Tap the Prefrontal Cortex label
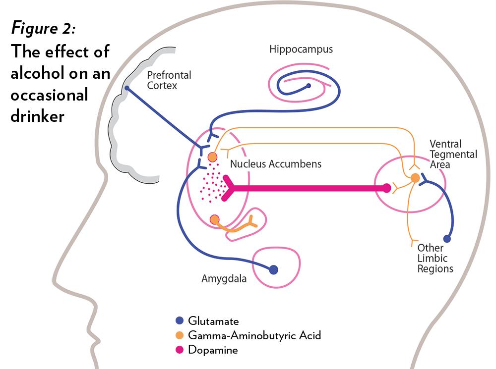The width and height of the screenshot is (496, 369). pyautogui.click(x=169, y=80)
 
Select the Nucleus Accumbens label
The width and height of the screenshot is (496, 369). pyautogui.click(x=276, y=164)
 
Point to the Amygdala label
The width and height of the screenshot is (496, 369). pyautogui.click(x=224, y=279)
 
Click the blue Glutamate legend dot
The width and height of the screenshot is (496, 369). pyautogui.click(x=180, y=321)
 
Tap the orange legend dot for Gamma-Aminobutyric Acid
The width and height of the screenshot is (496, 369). pyautogui.click(x=180, y=335)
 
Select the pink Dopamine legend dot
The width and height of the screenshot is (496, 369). pyautogui.click(x=180, y=350)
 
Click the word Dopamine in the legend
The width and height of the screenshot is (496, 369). pyautogui.click(x=213, y=350)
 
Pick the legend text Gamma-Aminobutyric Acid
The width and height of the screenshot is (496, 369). pyautogui.click(x=254, y=335)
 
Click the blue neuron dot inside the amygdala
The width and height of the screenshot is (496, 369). pyautogui.click(x=273, y=270)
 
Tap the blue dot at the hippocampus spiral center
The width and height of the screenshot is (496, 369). pyautogui.click(x=309, y=86)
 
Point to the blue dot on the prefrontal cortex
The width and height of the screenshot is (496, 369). pyautogui.click(x=127, y=88)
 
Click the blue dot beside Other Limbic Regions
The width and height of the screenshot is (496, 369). pyautogui.click(x=447, y=239)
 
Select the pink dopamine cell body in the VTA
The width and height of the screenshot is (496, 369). pyautogui.click(x=387, y=188)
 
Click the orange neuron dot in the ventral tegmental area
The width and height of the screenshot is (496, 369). pyautogui.click(x=415, y=177)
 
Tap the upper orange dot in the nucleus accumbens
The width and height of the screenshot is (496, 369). pyautogui.click(x=212, y=158)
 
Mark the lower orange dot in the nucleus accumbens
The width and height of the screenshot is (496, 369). pyautogui.click(x=214, y=219)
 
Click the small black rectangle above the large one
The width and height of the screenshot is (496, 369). pyautogui.click(x=43, y=29)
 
